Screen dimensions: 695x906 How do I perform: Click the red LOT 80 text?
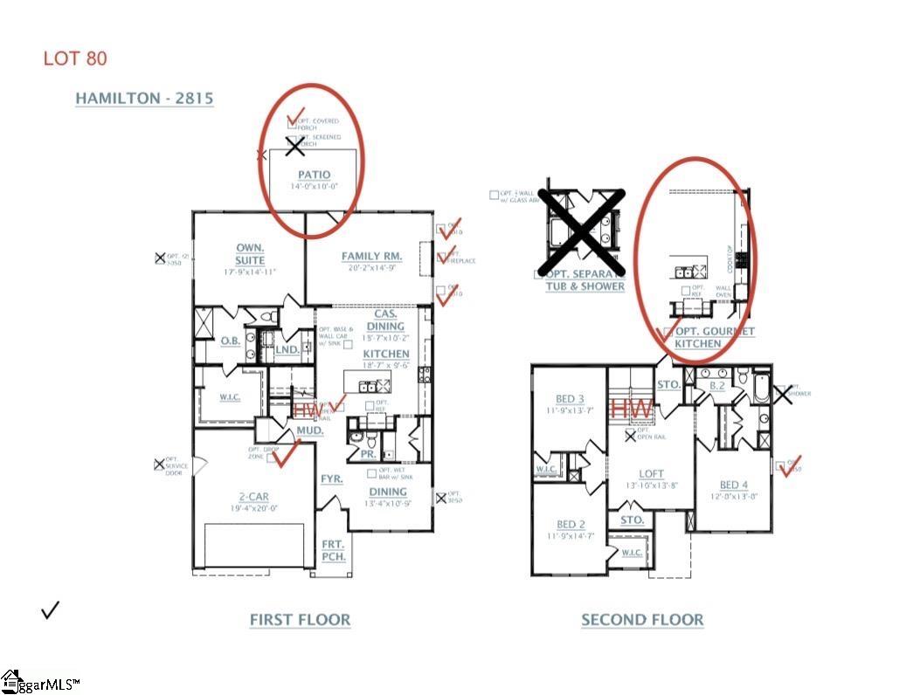click(75, 59)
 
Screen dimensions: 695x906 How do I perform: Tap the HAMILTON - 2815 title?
click(144, 99)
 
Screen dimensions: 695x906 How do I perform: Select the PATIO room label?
click(314, 175)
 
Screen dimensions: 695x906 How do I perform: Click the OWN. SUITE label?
click(250, 254)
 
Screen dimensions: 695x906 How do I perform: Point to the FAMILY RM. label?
click(371, 256)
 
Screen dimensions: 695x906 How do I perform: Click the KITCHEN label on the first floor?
click(386, 354)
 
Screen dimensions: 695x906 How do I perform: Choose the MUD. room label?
click(310, 431)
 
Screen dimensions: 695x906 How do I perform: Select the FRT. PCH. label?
click(333, 549)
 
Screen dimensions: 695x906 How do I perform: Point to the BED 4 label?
click(733, 485)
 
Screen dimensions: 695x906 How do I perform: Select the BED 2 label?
click(571, 525)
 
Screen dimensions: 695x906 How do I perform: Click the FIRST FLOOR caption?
click(300, 620)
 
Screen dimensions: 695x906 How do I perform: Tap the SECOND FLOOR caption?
click(642, 620)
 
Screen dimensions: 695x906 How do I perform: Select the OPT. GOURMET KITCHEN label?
click(712, 338)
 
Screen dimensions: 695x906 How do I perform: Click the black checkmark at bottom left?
click(51, 609)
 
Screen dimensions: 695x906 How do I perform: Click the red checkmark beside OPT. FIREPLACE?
click(450, 255)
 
